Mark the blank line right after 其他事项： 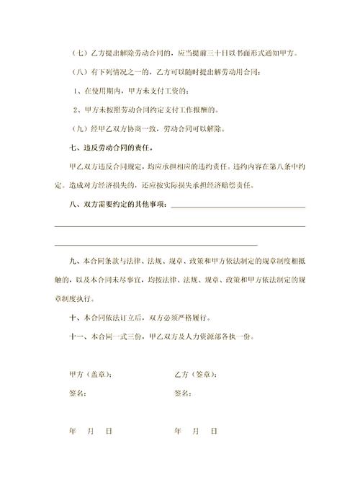tap(237, 209)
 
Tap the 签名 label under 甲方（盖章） tap(78, 393)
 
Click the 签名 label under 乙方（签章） tap(184, 393)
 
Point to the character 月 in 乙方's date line tap(195, 431)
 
